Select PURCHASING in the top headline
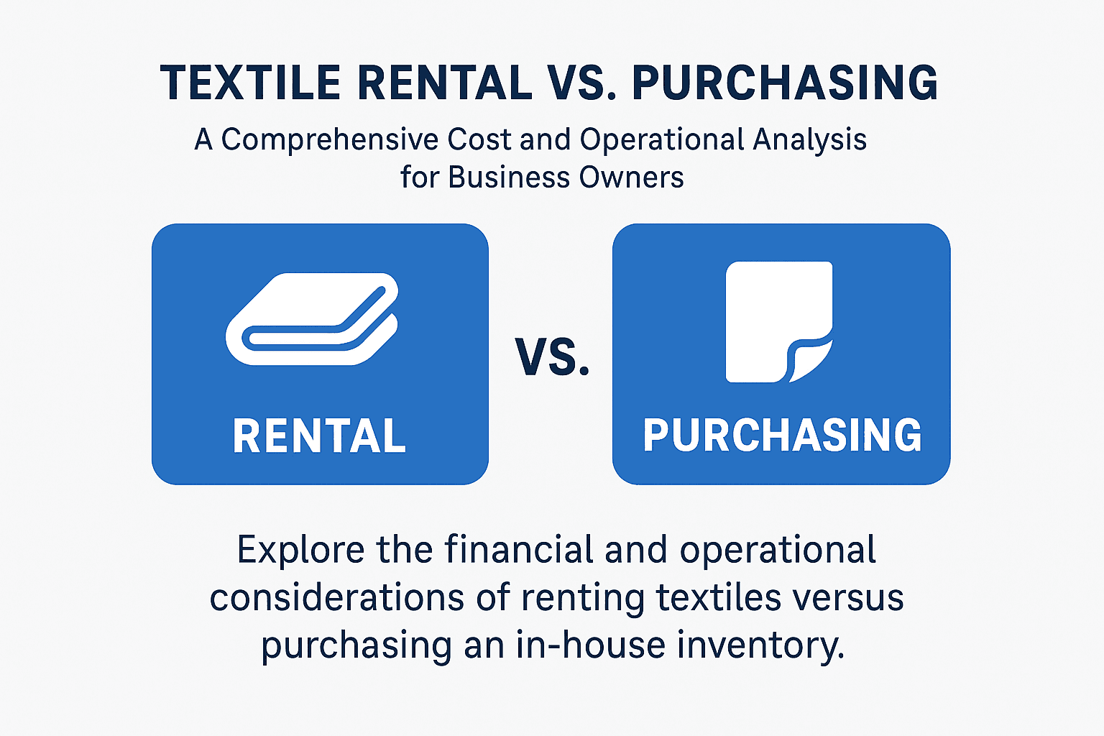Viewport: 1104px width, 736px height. click(x=785, y=83)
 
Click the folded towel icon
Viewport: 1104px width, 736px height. click(x=312, y=318)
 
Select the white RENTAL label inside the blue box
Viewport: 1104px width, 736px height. click(x=319, y=436)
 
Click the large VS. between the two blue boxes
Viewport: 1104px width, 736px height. click(x=552, y=357)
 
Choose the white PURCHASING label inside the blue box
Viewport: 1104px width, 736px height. click(x=782, y=435)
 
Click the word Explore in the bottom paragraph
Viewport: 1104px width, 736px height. click(x=300, y=551)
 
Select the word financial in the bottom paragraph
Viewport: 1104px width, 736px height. click(x=519, y=551)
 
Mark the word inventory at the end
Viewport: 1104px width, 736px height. click(x=760, y=645)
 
